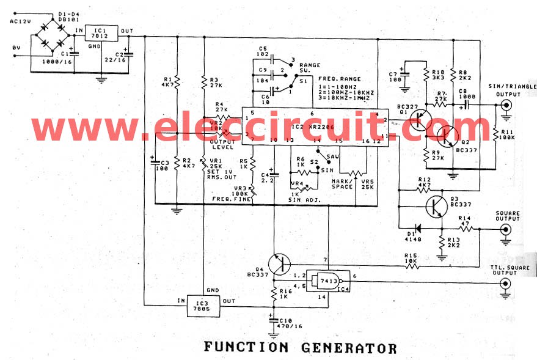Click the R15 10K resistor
click(412, 265)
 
